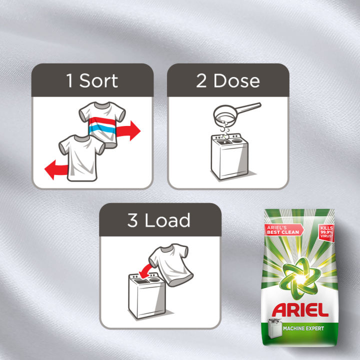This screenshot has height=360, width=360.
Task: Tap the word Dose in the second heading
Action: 236,80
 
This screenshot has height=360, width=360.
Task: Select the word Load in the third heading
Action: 167,220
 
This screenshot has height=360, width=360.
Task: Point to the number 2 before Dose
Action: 201,80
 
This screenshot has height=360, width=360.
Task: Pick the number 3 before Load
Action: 132,220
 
